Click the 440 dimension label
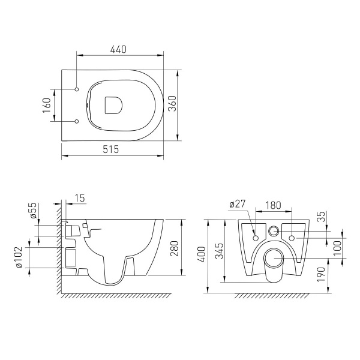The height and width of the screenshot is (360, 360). [x=118, y=51]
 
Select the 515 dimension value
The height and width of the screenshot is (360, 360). [x=113, y=149]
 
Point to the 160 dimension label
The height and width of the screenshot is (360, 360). [x=47, y=106]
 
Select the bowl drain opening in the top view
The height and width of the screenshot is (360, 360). [x=113, y=104]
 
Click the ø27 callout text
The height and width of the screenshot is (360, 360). [x=238, y=204]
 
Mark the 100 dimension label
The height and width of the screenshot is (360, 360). [x=337, y=246]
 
